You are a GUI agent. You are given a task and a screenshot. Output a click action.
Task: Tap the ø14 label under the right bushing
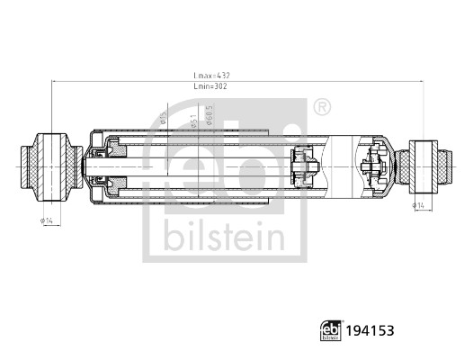coord(419,206)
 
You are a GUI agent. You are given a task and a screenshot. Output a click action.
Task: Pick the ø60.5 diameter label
coord(210,116)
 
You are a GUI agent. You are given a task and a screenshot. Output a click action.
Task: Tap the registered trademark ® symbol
coord(321,108)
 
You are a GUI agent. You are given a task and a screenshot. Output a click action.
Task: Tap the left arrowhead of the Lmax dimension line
coord(54,82)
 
